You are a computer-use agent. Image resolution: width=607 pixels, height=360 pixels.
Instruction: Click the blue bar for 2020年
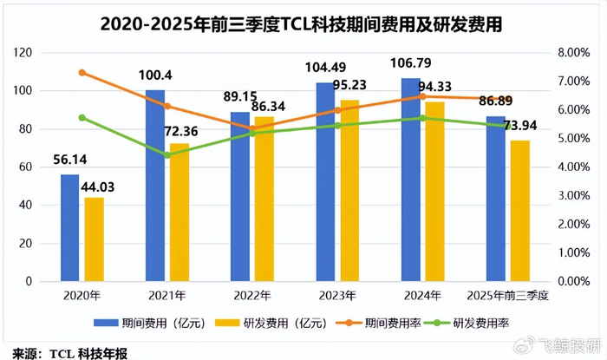point(69,227)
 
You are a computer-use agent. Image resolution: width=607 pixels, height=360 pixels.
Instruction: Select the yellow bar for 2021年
point(179,212)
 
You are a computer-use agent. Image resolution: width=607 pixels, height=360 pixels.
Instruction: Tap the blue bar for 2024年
point(410,180)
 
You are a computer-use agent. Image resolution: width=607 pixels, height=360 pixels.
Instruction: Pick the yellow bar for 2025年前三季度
point(519,211)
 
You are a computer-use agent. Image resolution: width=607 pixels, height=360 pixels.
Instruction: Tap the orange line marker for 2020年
point(82,73)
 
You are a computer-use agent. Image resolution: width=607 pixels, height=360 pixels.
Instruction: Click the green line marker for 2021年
point(166,155)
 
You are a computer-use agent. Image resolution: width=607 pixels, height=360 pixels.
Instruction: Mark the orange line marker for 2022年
point(251,128)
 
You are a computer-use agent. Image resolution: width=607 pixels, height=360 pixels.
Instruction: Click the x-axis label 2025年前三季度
point(507,296)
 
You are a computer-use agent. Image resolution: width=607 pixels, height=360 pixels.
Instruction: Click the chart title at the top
point(303,23)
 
